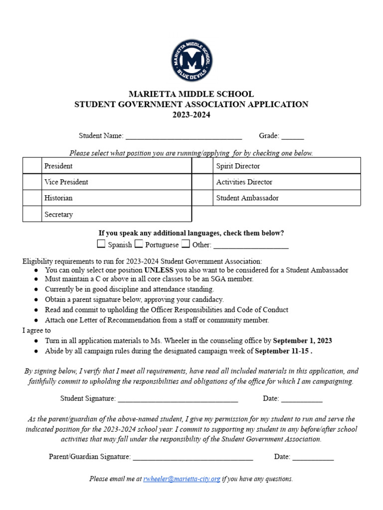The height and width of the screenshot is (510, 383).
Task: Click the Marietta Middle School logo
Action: click(x=191, y=61)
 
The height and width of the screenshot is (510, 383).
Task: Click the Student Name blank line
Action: click(x=184, y=136)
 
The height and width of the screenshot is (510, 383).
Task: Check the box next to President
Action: click(x=32, y=166)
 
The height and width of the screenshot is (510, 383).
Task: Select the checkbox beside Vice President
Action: click(x=32, y=182)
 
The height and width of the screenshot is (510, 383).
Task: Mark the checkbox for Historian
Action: click(x=32, y=198)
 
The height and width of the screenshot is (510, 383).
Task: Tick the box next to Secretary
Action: click(x=32, y=214)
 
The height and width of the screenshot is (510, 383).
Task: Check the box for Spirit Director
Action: click(x=202, y=166)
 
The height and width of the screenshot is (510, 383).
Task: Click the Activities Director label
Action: click(x=244, y=182)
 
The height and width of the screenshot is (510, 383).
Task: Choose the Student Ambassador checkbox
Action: click(x=202, y=198)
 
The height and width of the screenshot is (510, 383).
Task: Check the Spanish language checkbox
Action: click(x=101, y=244)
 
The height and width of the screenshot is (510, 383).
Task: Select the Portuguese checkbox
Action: click(x=139, y=244)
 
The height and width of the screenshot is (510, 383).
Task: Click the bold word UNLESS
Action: click(x=159, y=270)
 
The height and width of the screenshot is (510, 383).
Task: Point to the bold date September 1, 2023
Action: click(x=302, y=341)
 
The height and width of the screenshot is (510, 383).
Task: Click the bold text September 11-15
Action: click(x=283, y=351)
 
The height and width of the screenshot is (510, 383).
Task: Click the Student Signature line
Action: click(x=178, y=398)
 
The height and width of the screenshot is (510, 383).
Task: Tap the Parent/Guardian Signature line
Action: click(x=193, y=457)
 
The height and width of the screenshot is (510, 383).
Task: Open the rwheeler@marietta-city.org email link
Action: click(x=182, y=479)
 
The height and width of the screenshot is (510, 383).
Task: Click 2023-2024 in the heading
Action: click(x=191, y=115)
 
